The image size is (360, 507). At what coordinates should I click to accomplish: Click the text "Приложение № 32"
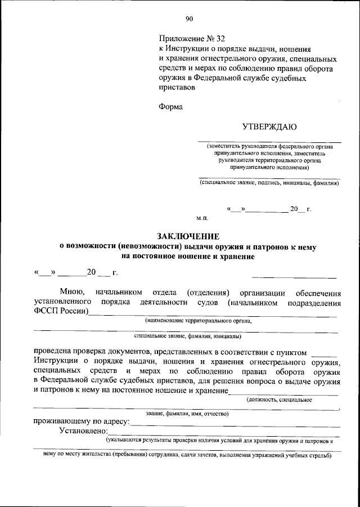pyautogui.click(x=192, y=39)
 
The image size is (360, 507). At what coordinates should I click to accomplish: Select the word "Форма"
pyautogui.click(x=171, y=107)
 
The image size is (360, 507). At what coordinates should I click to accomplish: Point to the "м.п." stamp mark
pyautogui.click(x=202, y=217)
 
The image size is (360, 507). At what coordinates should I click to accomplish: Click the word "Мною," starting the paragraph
pyautogui.click(x=73, y=293)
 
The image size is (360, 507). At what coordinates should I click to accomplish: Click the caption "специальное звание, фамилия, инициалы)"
pyautogui.click(x=188, y=336)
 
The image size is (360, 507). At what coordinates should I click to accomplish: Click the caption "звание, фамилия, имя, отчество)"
pyautogui.click(x=186, y=414)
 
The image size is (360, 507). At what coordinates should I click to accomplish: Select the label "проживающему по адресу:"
pyautogui.click(x=81, y=421)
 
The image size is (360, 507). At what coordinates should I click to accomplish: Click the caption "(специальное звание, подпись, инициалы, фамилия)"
pyautogui.click(x=269, y=183)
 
